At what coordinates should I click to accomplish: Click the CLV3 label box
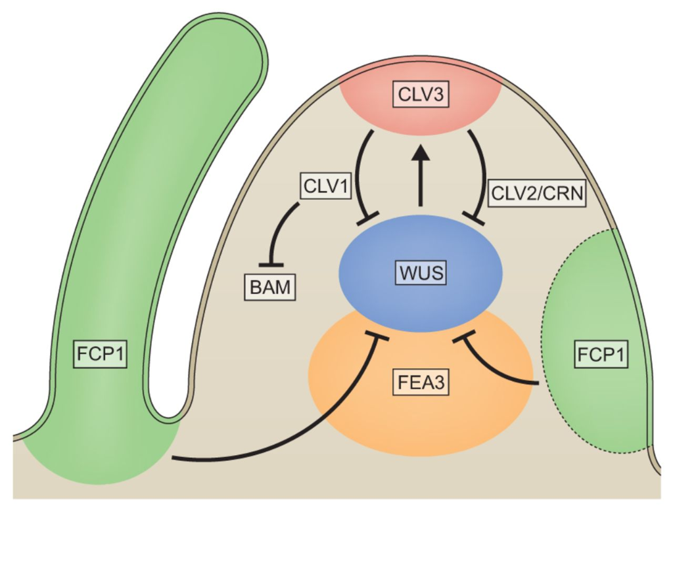tap(421, 95)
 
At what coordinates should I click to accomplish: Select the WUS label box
tap(420, 273)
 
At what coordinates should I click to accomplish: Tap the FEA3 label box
tap(421, 382)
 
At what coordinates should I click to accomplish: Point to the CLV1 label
tap(324, 186)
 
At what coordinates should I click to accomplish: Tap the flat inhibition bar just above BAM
tap(271, 265)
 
